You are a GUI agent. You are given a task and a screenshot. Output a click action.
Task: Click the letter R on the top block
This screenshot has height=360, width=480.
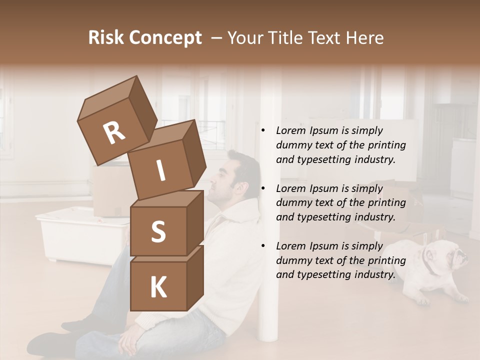click(x=114, y=133)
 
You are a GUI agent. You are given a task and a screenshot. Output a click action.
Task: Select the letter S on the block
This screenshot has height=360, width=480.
click(x=158, y=232)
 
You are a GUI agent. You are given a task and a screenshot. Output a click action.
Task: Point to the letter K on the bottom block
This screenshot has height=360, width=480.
click(x=158, y=288)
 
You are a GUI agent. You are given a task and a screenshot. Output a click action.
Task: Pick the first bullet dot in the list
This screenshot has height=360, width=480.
click(x=263, y=131)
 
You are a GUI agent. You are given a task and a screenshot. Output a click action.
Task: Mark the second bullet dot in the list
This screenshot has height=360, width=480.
click(x=263, y=189)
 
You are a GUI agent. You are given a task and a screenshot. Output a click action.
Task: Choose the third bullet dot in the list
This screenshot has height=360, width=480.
click(x=263, y=246)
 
